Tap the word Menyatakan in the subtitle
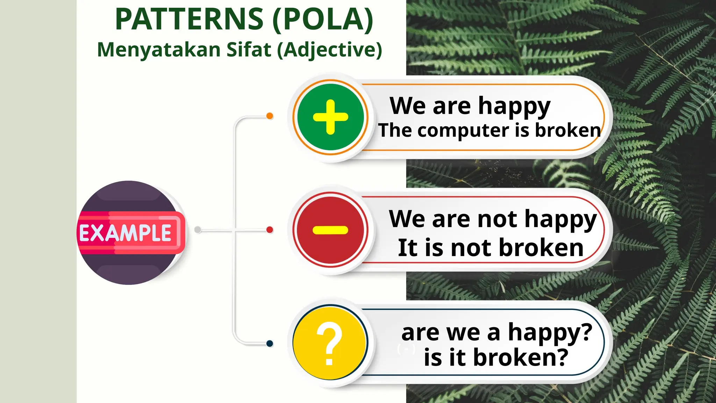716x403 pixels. coord(159,50)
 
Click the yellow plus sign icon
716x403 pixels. coord(330,117)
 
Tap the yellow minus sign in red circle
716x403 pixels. coord(330,230)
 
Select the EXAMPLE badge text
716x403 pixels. coord(126,233)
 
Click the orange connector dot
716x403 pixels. coord(270,116)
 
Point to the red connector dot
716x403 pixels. coord(270,230)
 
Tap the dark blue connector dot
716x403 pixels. coord(270,344)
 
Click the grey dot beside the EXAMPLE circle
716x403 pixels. coord(198,230)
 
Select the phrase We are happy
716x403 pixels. coord(470,106)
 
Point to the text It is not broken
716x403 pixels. coord(491,248)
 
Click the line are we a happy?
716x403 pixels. coord(496,332)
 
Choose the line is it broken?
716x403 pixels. coord(496,358)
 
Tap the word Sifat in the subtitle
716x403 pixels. coord(249,50)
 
